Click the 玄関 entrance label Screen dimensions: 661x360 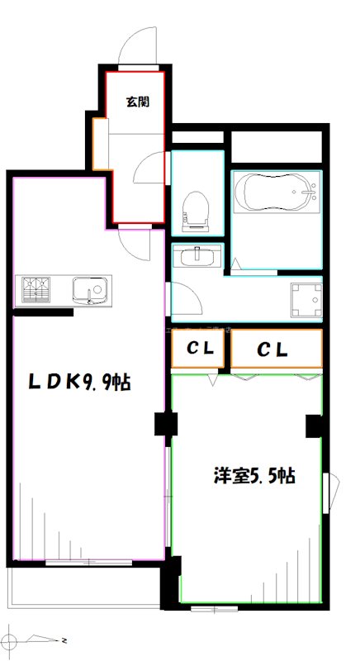pyautogui.click(x=137, y=102)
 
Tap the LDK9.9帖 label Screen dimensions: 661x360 pyautogui.click(x=80, y=383)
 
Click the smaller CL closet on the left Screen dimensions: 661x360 pyautogui.click(x=200, y=350)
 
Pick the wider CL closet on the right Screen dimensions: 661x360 pyautogui.click(x=276, y=350)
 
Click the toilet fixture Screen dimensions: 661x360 pyautogui.click(x=196, y=209)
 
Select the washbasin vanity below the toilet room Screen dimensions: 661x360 pyautogui.click(x=197, y=256)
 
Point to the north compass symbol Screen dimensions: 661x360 pyautogui.click(x=12, y=639)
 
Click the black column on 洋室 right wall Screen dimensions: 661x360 pyautogui.click(x=313, y=426)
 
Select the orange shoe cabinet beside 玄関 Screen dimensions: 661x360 pyautogui.click(x=101, y=144)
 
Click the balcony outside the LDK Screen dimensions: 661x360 pyautogui.click(x=83, y=588)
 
